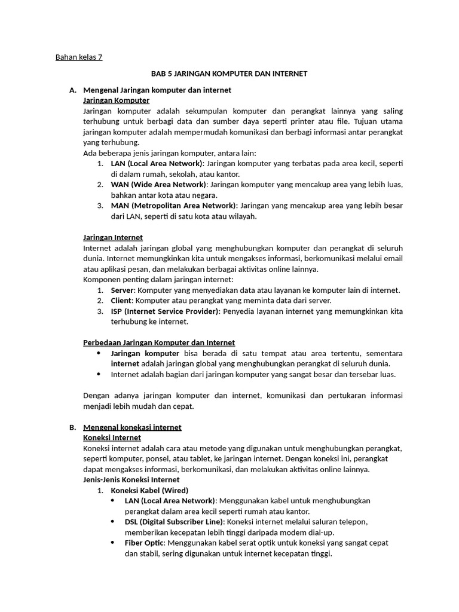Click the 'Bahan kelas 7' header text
pos(79,57)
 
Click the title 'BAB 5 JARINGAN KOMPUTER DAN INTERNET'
pos(229,74)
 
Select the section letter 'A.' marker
pos(73,90)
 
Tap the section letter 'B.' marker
pos(73,427)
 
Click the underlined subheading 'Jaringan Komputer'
pos(116,100)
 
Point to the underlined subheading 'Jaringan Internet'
pos(113,237)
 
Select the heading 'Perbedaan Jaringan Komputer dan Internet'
pos(158,342)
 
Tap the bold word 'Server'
pos(123,290)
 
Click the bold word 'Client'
pos(121,300)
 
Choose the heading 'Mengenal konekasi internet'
pos(132,427)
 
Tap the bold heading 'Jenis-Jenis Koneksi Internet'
pos(131,479)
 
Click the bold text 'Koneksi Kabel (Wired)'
pos(148,490)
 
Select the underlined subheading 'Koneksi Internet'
pos(112,437)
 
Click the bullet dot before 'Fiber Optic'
pos(114,542)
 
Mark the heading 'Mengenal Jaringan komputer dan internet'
pos(157,90)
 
